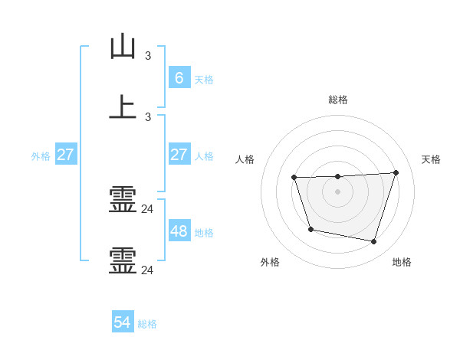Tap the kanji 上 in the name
click(x=123, y=106)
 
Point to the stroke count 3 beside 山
click(x=148, y=55)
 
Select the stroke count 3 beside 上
click(x=148, y=116)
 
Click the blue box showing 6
click(x=179, y=77)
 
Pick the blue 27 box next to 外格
click(x=65, y=155)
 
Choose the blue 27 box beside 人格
click(x=179, y=155)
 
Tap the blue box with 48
click(x=179, y=231)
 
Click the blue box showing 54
click(x=123, y=322)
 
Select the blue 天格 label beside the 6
click(x=204, y=79)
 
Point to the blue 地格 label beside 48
click(x=204, y=232)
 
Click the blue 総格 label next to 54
click(x=147, y=324)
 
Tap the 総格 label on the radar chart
click(x=337, y=100)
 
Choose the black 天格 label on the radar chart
click(x=432, y=159)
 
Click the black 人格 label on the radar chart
click(x=245, y=159)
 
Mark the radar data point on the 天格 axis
click(x=396, y=172)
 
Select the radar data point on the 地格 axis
click(x=373, y=241)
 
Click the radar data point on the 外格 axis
click(x=310, y=229)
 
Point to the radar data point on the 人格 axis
click(x=294, y=178)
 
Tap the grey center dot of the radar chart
click(x=337, y=191)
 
